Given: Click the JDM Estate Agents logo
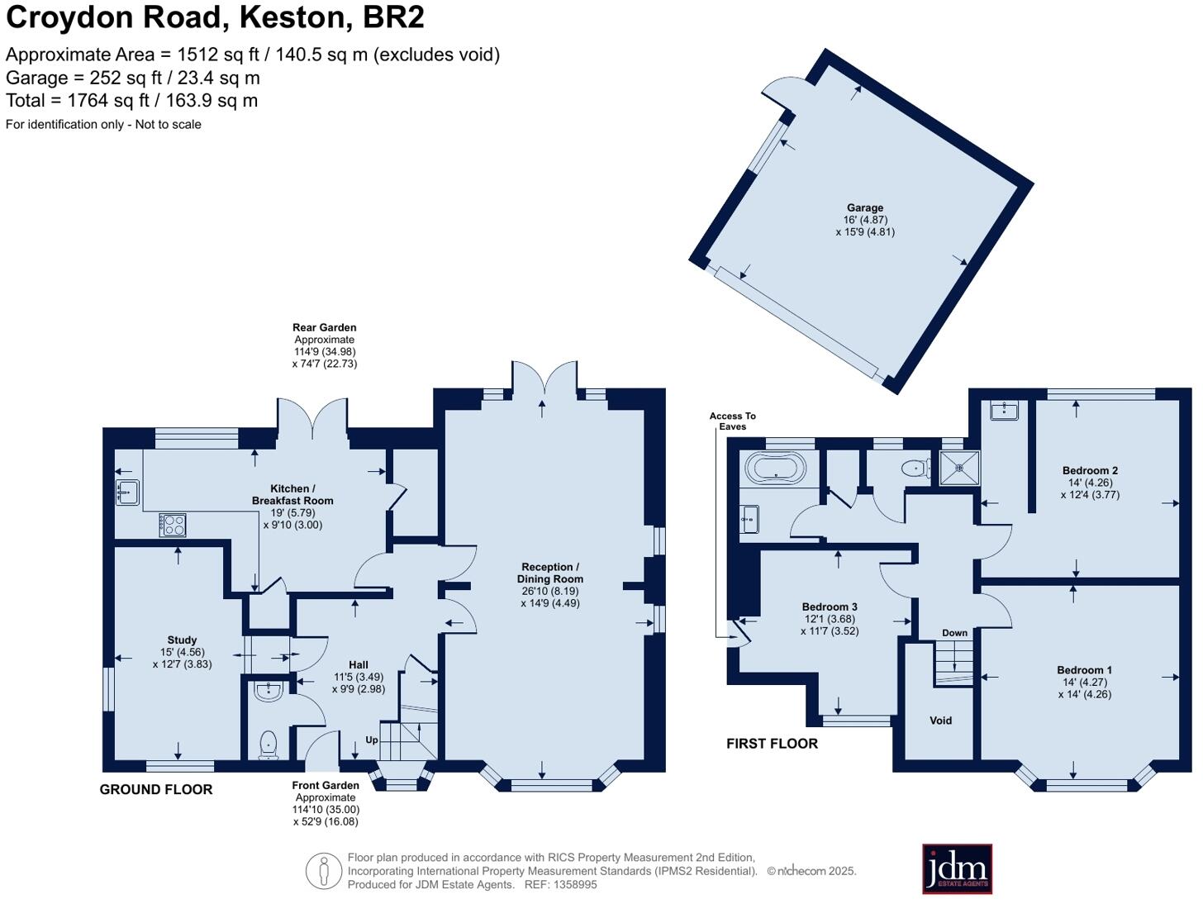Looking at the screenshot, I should pos(957,868).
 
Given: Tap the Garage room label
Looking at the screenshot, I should pos(864,208).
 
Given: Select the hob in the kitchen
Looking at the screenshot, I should pos(173,525).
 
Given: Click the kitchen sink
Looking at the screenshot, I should pos(126,492).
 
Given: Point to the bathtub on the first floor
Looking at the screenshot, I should pos(775,469).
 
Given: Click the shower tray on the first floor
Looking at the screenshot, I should pos(959,469).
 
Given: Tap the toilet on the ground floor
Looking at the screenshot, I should pos(269,745).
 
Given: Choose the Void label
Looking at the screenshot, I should pos(940,721).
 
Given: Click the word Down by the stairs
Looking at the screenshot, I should pos(954,633).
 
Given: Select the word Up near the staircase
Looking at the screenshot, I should pos(372,740).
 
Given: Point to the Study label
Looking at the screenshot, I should pos(182,640).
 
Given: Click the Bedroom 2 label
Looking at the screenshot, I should pos(1090,471).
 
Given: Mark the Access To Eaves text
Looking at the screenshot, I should pos(732,421).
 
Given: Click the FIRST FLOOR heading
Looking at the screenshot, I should pos(772,744).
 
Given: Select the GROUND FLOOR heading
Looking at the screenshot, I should pos(156,790).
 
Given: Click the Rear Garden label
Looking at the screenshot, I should pos(324,328).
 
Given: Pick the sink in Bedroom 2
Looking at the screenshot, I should pos(1005,410).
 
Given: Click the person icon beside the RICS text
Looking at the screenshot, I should pos(323,871).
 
